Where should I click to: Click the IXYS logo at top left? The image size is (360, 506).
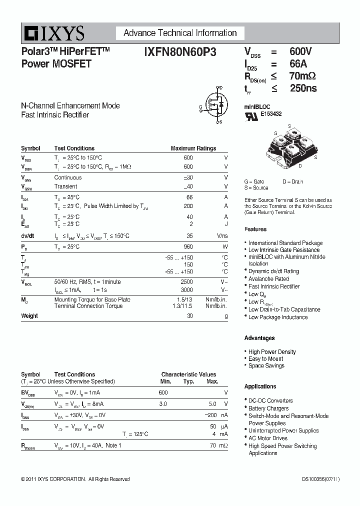point(53,34)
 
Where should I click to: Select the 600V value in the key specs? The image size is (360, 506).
point(300,52)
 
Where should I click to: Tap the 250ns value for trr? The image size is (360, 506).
point(303,88)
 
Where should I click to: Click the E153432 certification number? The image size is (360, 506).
point(270,114)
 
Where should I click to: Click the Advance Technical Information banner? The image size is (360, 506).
point(180,33)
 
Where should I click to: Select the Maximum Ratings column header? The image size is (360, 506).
point(193,148)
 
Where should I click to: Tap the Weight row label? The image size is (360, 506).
point(29,316)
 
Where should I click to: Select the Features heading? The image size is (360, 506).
point(255,229)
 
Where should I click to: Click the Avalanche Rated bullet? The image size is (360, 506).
point(268,279)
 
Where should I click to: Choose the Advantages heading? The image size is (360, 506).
point(259,338)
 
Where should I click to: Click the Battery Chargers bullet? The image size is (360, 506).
point(268,408)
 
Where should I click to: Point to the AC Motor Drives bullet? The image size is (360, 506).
point(268,438)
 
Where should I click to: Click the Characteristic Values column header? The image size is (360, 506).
point(188,374)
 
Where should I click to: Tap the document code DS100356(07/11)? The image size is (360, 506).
point(320,479)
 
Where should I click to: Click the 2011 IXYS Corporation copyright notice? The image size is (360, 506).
point(75,479)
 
